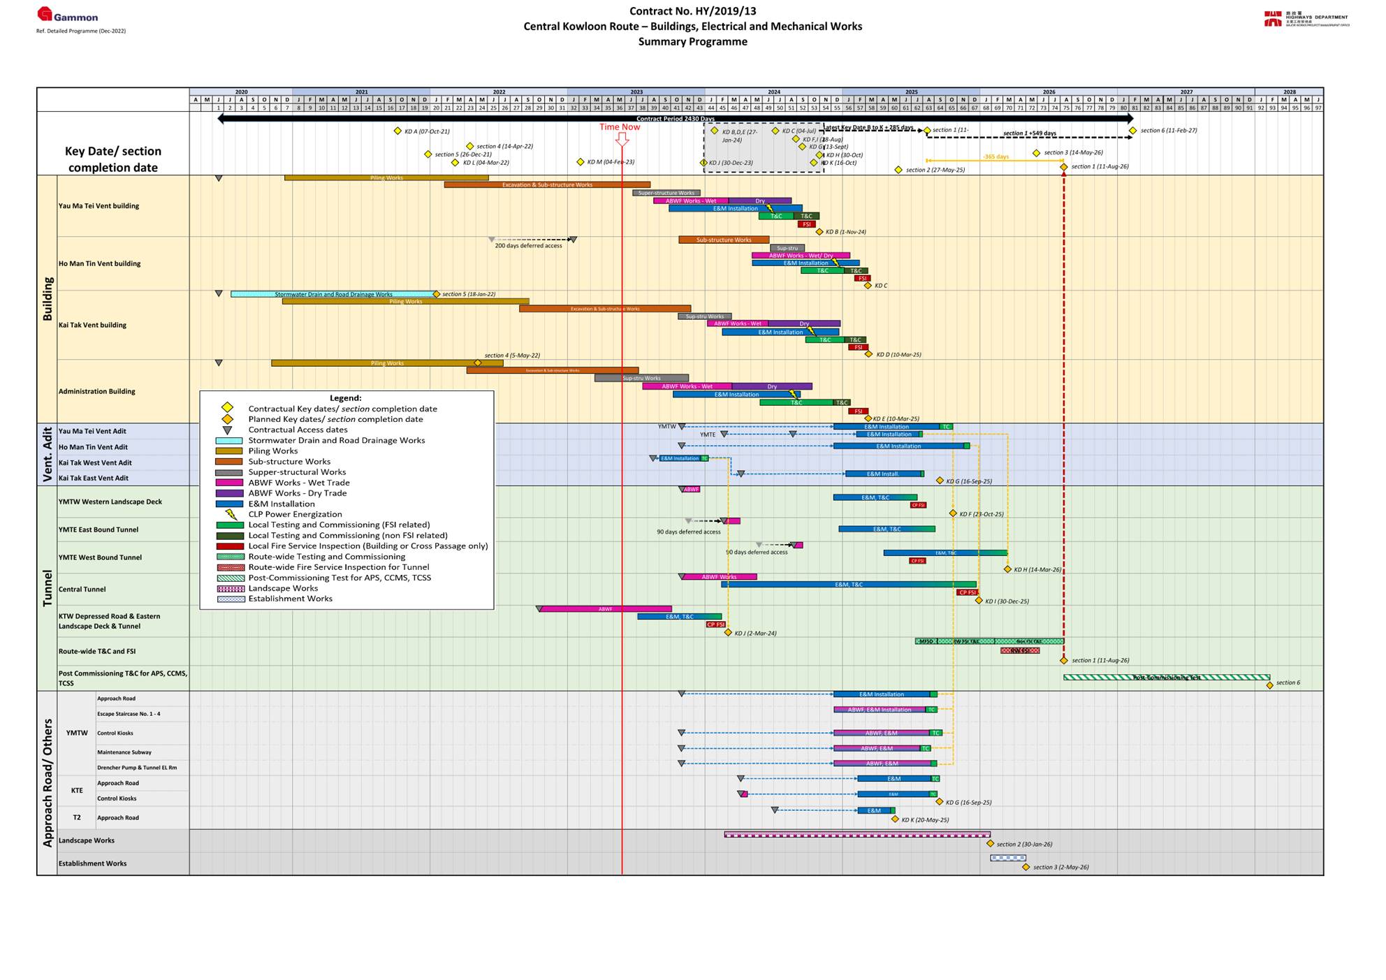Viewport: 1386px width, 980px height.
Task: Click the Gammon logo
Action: click(68, 15)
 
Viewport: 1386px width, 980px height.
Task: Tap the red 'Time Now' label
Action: click(619, 127)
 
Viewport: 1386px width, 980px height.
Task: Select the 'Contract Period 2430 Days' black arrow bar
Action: click(675, 119)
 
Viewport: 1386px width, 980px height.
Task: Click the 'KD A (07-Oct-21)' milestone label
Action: click(427, 131)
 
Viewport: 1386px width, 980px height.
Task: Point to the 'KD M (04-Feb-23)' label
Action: click(610, 162)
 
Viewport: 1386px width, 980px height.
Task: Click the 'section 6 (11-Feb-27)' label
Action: click(1168, 131)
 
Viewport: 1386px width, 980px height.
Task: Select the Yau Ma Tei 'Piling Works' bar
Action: click(386, 178)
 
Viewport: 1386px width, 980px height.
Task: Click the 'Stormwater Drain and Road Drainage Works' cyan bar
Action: click(333, 294)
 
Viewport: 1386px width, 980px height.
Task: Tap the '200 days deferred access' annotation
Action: click(528, 246)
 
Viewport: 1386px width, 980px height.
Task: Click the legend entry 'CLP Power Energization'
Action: click(295, 514)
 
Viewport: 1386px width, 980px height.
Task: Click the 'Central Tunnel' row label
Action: click(82, 590)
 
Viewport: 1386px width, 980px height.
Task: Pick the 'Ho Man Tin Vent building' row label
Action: click(99, 264)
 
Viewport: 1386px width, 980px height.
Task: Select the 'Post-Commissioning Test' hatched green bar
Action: click(1166, 678)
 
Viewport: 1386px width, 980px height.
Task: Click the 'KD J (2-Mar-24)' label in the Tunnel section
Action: click(754, 634)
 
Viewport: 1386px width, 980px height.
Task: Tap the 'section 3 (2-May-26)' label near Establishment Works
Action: click(1060, 868)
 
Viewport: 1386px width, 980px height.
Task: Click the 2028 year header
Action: click(1289, 92)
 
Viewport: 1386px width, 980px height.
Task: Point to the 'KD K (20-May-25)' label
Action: click(924, 820)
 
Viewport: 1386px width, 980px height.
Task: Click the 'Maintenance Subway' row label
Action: click(124, 752)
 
